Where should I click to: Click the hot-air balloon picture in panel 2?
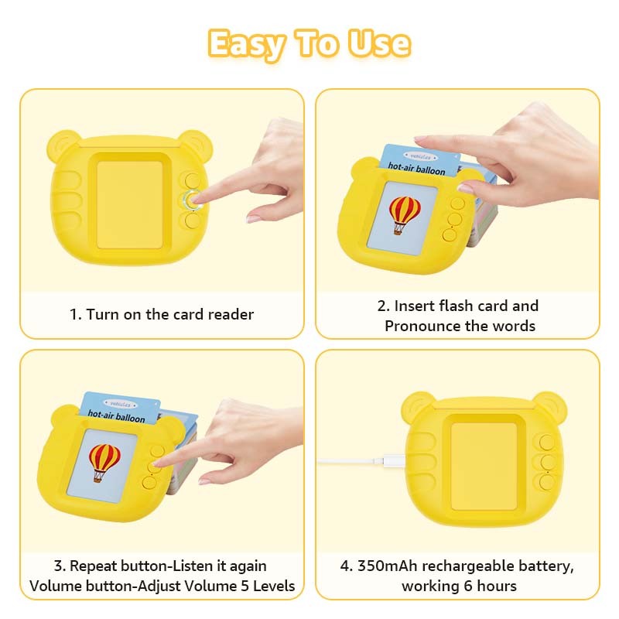404,214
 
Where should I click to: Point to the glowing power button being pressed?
192,200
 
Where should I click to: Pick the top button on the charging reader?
546,443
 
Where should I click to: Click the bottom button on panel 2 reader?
450,234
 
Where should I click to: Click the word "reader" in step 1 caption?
231,314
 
